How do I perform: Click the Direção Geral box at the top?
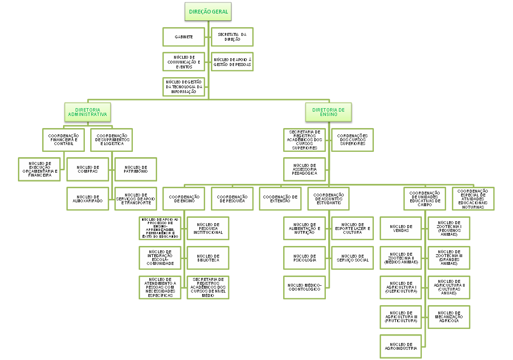(208, 12)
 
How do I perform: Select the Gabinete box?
(184, 37)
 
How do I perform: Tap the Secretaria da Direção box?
(232, 37)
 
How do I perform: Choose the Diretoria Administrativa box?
(88, 113)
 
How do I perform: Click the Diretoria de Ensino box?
(328, 113)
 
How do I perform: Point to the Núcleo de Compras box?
(88, 169)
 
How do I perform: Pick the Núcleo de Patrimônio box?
(136, 169)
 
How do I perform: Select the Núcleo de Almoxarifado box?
(88, 198)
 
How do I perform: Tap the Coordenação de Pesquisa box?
(232, 198)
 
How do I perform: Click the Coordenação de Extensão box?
(280, 198)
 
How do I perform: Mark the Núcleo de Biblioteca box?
(208, 258)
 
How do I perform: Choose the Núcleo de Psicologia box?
(305, 258)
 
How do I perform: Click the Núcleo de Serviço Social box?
(353, 258)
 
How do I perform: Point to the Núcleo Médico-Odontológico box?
(305, 287)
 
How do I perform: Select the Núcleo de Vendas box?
(401, 228)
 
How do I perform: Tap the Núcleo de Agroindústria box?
(401, 346)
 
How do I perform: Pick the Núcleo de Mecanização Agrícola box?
(449, 317)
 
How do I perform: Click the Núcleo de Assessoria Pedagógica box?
(305, 169)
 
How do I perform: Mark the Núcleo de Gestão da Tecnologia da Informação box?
(184, 86)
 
